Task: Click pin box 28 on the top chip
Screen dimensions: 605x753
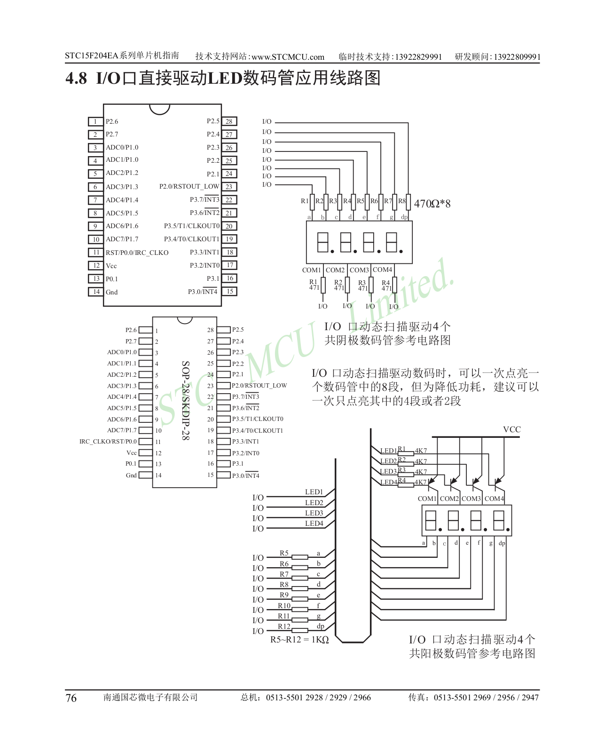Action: click(x=229, y=121)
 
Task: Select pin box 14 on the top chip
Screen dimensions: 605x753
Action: click(x=96, y=292)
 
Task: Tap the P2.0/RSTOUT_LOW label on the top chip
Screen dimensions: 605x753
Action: click(x=189, y=187)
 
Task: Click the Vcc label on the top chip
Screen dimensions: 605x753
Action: click(x=111, y=266)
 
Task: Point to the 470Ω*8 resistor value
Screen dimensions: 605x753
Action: click(x=432, y=204)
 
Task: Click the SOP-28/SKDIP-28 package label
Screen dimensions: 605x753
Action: click(x=186, y=400)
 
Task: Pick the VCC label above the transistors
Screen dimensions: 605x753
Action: click(x=511, y=429)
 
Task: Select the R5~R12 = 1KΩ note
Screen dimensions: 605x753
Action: click(x=299, y=640)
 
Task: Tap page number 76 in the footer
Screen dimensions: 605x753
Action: click(x=71, y=698)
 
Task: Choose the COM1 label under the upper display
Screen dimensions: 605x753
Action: click(x=311, y=270)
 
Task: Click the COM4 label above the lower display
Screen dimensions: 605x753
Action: click(x=494, y=499)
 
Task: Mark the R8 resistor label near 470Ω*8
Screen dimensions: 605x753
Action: click(x=402, y=201)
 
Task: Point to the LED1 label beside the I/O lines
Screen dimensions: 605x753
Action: click(x=314, y=492)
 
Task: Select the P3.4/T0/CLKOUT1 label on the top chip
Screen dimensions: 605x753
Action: click(x=191, y=239)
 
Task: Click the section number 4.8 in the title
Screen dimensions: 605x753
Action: click(x=76, y=78)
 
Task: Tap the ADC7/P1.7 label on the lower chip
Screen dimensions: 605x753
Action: click(x=122, y=430)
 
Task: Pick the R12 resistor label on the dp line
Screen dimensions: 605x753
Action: click(x=284, y=626)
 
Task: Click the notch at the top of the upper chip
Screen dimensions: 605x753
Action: click(x=159, y=109)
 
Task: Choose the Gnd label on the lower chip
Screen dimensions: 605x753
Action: click(x=131, y=476)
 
